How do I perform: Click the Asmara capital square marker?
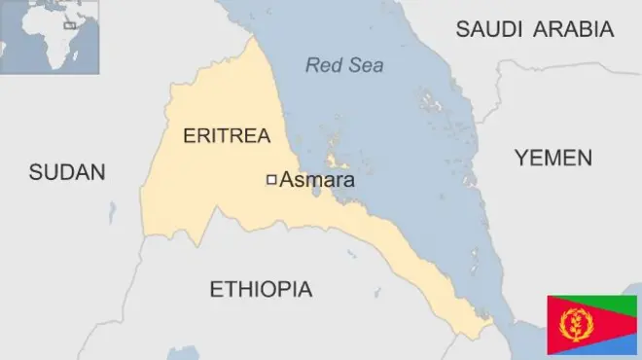(x=271, y=179)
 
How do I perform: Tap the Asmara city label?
(x=317, y=180)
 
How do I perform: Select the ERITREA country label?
(x=227, y=135)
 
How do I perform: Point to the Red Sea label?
(x=344, y=66)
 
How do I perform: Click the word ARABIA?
(x=576, y=29)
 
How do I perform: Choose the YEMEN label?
(x=553, y=158)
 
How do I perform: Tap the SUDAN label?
(x=66, y=172)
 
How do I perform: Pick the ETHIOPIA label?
(x=261, y=289)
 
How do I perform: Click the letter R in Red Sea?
(x=312, y=66)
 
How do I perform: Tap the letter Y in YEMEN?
(x=521, y=158)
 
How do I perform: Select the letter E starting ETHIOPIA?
(x=216, y=289)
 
